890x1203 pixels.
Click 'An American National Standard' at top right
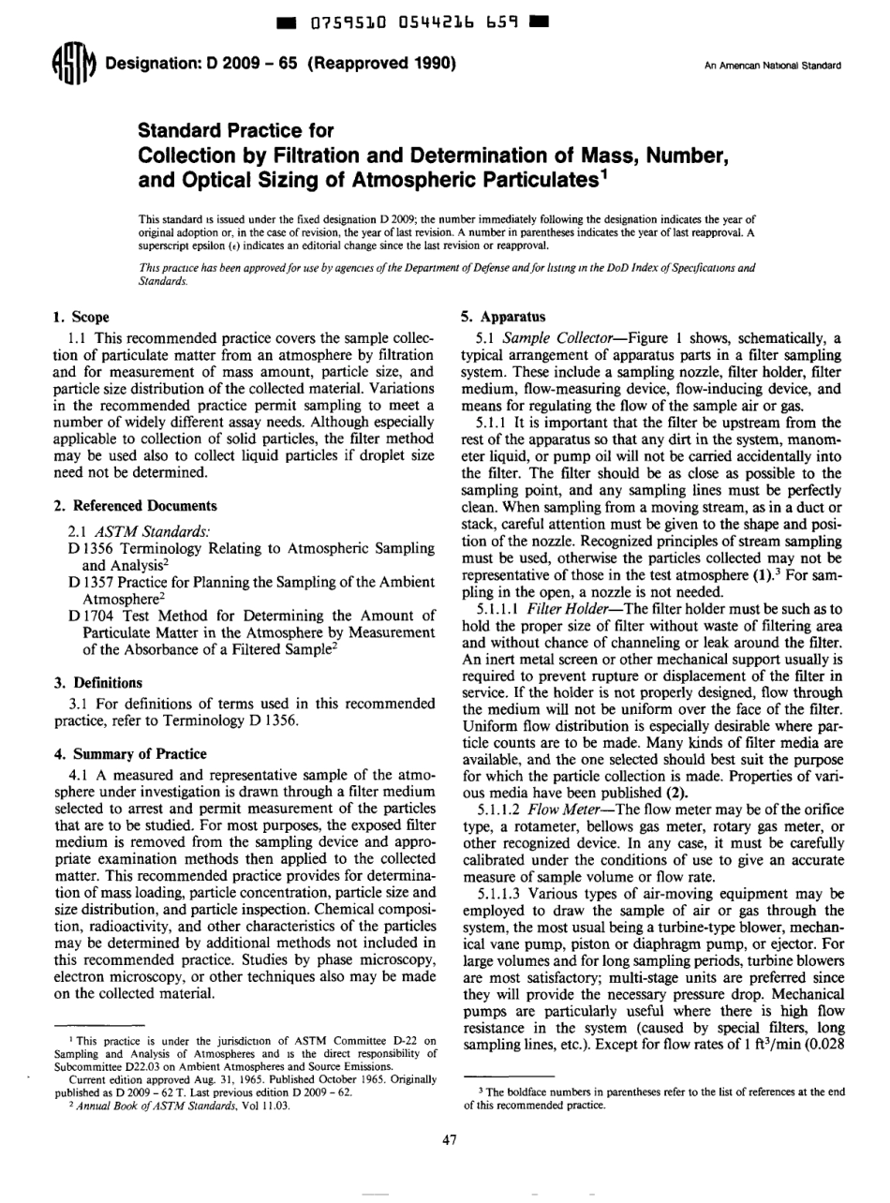[769, 66]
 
